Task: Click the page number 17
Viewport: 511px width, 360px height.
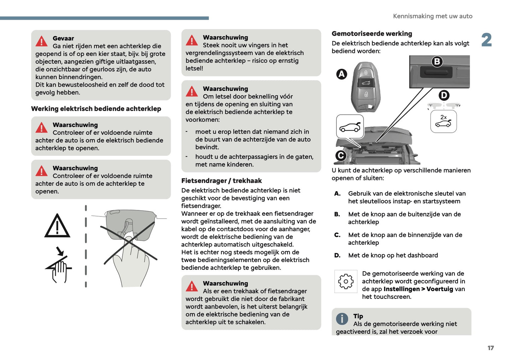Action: (490, 348)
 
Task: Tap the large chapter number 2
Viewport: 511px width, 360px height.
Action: (487, 40)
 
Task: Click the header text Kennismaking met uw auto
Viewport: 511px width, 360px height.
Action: (432, 16)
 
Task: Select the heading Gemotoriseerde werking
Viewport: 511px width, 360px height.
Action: (372, 34)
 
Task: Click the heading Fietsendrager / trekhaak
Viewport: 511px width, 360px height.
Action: (221, 181)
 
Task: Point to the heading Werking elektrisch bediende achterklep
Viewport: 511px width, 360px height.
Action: (96, 109)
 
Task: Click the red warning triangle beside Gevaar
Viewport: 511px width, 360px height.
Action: (42, 41)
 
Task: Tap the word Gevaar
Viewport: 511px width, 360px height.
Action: (63, 38)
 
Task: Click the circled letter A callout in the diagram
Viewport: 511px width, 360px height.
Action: (341, 74)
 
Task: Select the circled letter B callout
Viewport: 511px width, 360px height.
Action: (437, 62)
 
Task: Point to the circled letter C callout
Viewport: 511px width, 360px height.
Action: (341, 156)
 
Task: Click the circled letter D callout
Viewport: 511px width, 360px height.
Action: (444, 95)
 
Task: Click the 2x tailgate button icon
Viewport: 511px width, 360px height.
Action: (443, 121)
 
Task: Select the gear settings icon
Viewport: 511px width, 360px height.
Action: (345, 281)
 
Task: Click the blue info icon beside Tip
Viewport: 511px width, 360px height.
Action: (342, 319)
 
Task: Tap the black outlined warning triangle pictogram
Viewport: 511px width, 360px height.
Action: (57, 226)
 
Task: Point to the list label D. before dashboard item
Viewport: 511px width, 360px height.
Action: (337, 255)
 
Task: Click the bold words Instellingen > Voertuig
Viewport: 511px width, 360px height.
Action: (418, 289)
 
